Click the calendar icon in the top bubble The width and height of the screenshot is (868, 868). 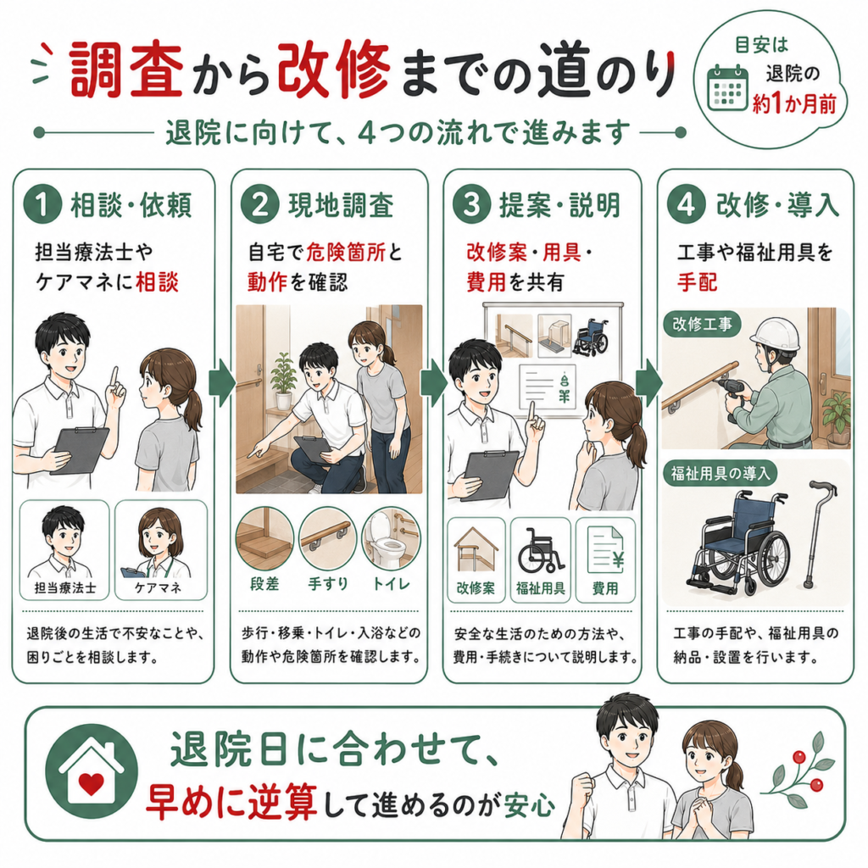click(728, 88)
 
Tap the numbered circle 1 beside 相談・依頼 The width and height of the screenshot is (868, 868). click(42, 205)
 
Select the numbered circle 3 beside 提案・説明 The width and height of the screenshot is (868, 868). click(471, 205)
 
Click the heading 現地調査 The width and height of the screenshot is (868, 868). click(341, 205)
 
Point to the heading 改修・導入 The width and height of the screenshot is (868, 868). click(777, 205)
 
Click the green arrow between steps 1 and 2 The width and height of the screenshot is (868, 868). click(222, 383)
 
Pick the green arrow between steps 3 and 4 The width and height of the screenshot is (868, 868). click(648, 383)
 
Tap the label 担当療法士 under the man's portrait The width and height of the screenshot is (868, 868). click(64, 588)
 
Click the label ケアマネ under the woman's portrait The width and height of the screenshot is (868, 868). click(159, 588)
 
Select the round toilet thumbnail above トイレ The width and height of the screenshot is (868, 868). click(391, 539)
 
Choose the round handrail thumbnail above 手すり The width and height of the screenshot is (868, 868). click(328, 539)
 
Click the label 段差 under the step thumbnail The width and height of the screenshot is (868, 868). click(264, 584)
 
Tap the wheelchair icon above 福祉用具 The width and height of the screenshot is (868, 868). click(540, 550)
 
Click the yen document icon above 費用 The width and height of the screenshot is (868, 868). click(605, 550)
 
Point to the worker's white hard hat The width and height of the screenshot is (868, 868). click(775, 334)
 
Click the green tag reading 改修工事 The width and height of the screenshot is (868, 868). click(703, 324)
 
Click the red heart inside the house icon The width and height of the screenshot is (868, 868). click(92, 783)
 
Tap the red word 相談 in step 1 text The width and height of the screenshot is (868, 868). click(157, 282)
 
